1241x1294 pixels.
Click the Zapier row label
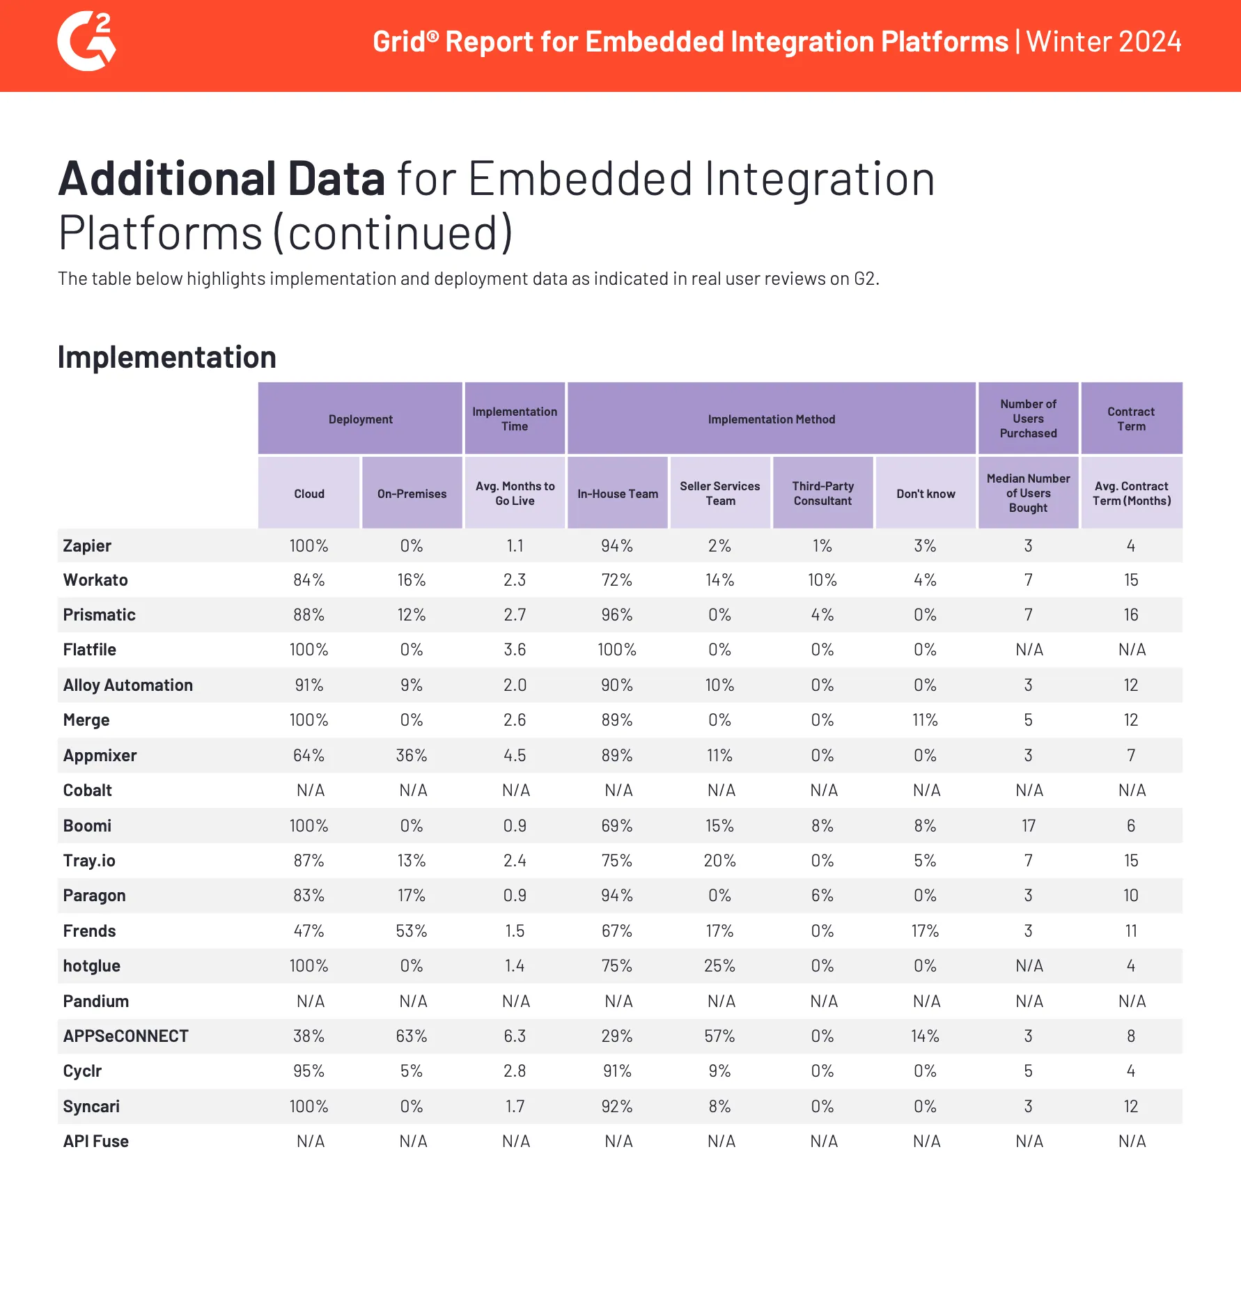pyautogui.click(x=87, y=546)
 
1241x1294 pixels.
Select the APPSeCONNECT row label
pyautogui.click(x=125, y=1036)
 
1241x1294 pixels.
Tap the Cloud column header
pyautogui.click(x=309, y=494)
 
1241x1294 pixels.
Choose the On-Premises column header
pyautogui.click(x=412, y=494)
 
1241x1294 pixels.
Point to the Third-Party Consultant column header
pyautogui.click(x=822, y=493)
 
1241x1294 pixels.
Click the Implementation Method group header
pyautogui.click(x=771, y=419)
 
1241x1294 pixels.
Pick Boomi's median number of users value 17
pyautogui.click(x=1029, y=826)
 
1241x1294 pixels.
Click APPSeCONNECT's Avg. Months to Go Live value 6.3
pyautogui.click(x=515, y=1036)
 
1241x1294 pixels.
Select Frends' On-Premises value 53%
pyautogui.click(x=412, y=931)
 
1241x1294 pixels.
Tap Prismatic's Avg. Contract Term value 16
pyautogui.click(x=1131, y=615)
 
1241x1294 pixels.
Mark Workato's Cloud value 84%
pyautogui.click(x=309, y=580)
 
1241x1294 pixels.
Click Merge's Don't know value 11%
pyautogui.click(x=925, y=720)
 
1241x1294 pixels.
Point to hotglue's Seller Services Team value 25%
pyautogui.click(x=719, y=966)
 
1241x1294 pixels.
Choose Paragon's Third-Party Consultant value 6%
pyautogui.click(x=822, y=896)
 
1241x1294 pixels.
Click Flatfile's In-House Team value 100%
pyautogui.click(x=617, y=650)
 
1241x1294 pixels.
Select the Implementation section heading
pyautogui.click(x=166, y=357)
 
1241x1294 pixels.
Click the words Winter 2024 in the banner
pyautogui.click(x=1104, y=42)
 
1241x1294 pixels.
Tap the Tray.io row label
pyautogui.click(x=89, y=861)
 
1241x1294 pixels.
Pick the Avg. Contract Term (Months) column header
pyautogui.click(x=1131, y=493)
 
